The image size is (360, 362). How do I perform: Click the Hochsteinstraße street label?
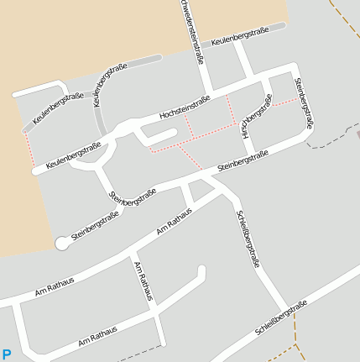tap(184, 108)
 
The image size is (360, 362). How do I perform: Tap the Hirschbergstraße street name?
tap(257, 118)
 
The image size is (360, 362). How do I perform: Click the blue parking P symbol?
tap(7, 354)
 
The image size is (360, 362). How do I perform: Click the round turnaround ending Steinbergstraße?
tap(61, 243)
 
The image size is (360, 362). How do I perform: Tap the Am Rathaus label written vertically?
tap(143, 281)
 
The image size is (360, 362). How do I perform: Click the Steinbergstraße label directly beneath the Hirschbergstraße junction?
tap(243, 160)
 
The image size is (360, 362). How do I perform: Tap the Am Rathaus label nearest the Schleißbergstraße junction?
tap(174, 223)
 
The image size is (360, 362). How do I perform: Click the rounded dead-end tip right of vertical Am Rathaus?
tap(201, 270)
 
